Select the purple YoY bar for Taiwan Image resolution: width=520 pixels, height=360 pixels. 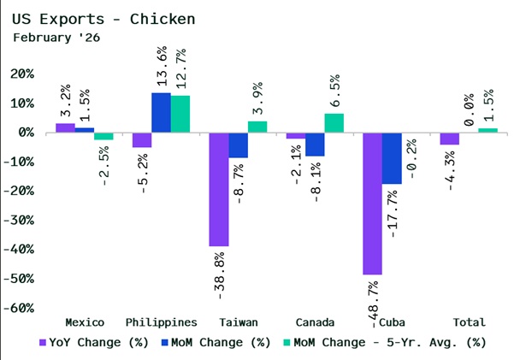(219, 189)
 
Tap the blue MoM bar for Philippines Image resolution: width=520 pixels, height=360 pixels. (161, 113)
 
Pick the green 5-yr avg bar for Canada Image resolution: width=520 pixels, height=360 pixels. (334, 123)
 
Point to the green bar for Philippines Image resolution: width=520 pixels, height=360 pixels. (180, 114)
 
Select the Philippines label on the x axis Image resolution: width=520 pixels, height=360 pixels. (162, 322)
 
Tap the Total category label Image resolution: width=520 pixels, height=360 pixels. (468, 322)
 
